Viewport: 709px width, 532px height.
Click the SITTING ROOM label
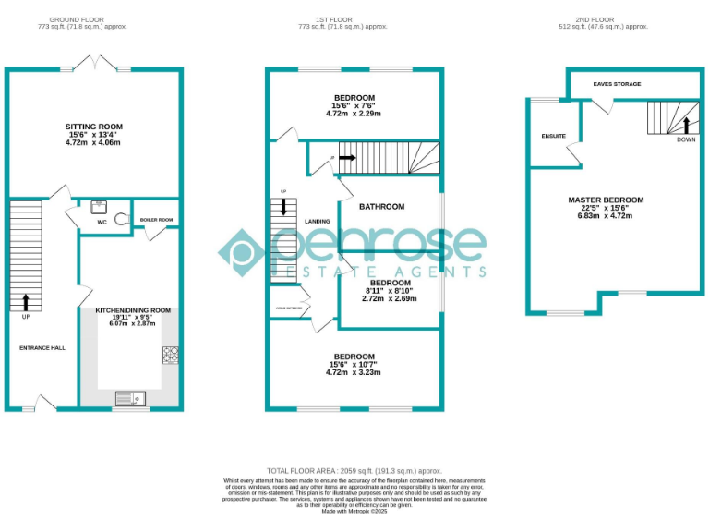tap(93, 127)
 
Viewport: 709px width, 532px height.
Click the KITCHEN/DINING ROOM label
tap(134, 310)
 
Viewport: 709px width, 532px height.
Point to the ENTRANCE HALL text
tap(42, 347)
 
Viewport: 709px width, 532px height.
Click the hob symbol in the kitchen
tap(171, 354)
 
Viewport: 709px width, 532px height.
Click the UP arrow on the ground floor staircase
tap(25, 301)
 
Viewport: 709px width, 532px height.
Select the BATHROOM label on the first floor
tap(381, 207)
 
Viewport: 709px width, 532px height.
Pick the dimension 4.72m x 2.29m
tap(354, 114)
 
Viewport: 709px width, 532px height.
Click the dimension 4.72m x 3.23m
tap(354, 372)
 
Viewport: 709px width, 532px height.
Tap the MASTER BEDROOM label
tap(605, 199)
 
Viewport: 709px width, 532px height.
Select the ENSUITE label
tap(553, 136)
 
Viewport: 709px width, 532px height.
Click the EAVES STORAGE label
tap(617, 84)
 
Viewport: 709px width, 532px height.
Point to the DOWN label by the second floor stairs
tap(685, 139)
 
